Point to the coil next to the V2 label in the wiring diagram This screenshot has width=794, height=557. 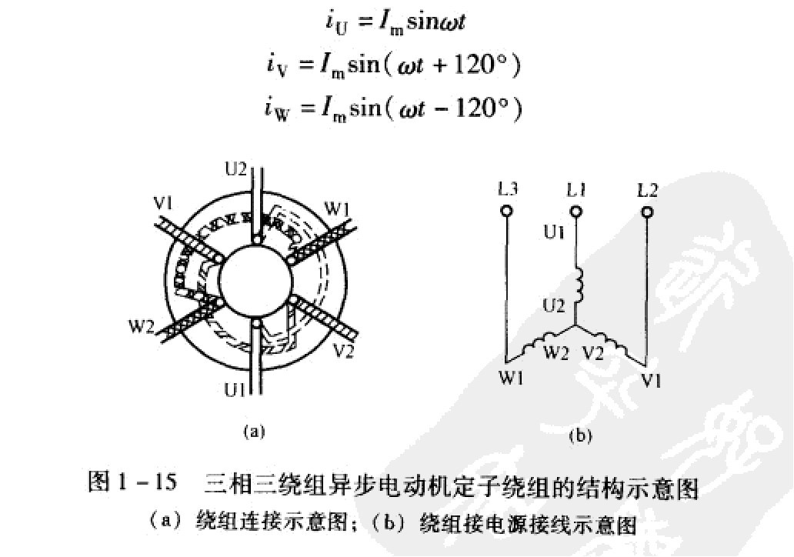tap(615, 343)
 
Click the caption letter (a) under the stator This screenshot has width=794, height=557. tap(254, 432)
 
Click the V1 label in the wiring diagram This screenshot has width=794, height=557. tap(649, 379)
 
